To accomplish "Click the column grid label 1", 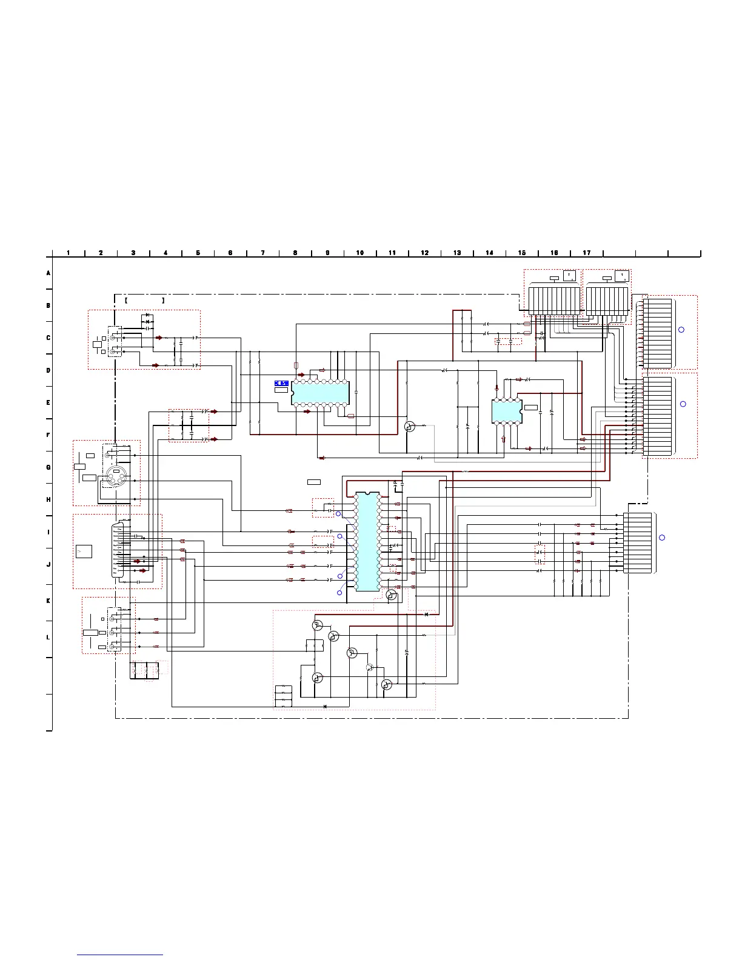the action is [69, 253].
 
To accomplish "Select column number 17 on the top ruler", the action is [587, 253].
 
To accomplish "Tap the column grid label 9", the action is [327, 253].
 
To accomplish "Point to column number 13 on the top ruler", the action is [457, 253].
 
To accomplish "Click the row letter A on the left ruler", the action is [48, 273].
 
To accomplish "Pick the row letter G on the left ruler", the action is [48, 467].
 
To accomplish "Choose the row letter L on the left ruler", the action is [48, 638].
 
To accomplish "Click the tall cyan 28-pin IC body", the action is [367, 541].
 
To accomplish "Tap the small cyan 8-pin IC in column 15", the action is [507, 411].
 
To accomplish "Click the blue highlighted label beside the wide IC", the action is [281, 383].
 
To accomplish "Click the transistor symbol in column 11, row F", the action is [410, 427].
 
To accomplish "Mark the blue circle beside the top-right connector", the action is [681, 330].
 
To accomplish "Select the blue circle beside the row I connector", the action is [662, 538].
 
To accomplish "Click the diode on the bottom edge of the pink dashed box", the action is [326, 706].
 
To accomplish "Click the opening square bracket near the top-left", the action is [125, 300].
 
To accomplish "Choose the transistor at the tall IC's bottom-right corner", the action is [392, 596].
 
